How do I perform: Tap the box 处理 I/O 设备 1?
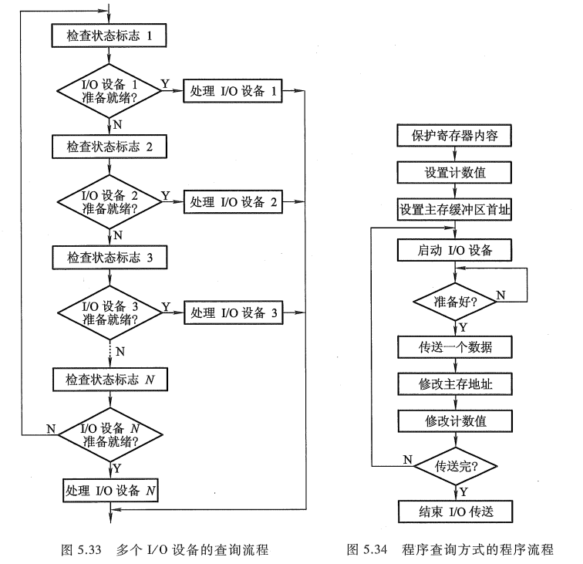pyautogui.click(x=232, y=90)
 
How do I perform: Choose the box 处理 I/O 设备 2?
pyautogui.click(x=232, y=202)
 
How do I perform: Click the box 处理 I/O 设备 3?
pyautogui.click(x=232, y=313)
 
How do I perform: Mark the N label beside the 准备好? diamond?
pyautogui.click(x=500, y=294)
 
